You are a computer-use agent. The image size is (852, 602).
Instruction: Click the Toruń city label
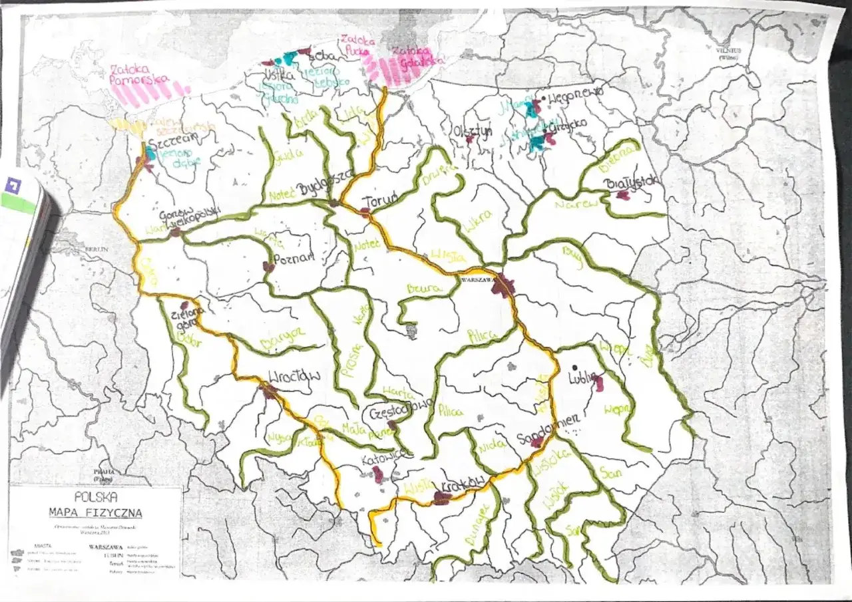pos(381,200)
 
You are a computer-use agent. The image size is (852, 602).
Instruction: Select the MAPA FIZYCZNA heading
pos(96,512)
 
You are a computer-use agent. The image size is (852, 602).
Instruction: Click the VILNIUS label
pos(733,50)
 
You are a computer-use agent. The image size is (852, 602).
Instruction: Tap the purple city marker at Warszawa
pos(505,286)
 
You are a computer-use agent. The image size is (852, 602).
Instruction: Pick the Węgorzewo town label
pos(576,94)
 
